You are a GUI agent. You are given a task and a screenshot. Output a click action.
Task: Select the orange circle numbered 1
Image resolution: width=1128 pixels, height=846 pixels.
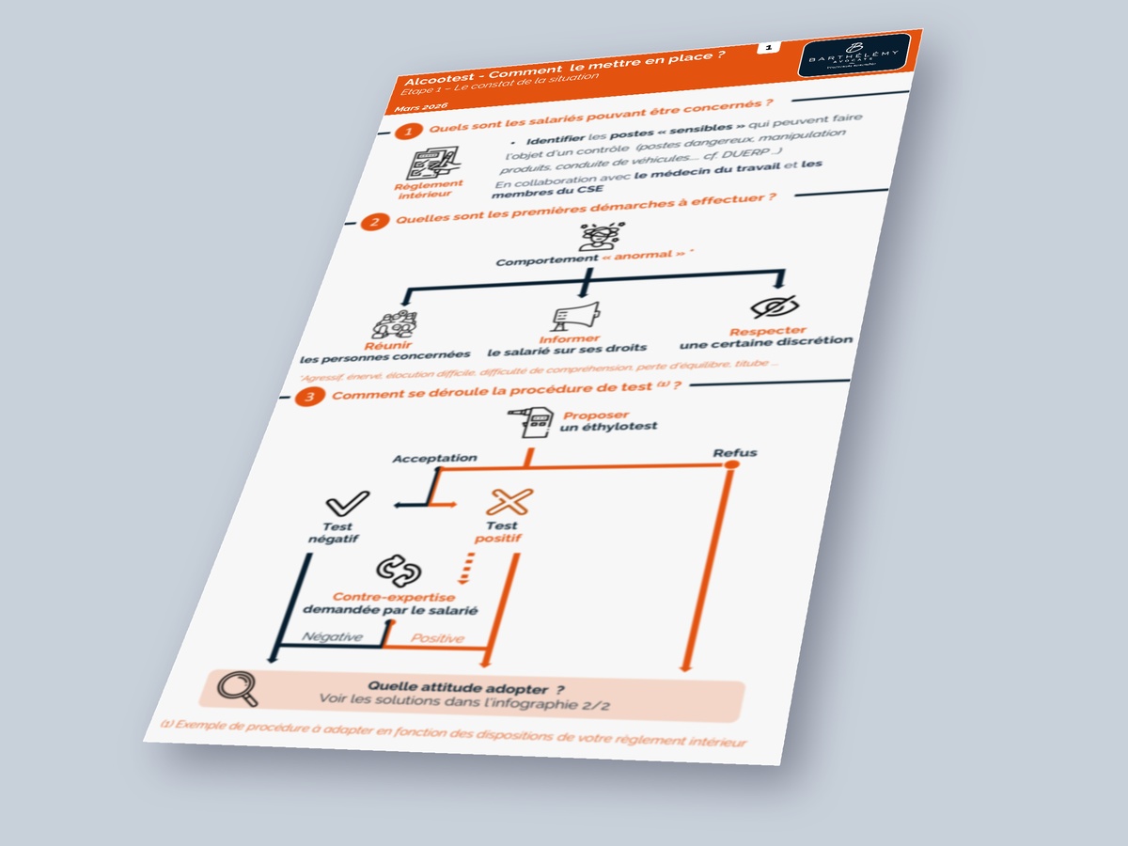click(407, 132)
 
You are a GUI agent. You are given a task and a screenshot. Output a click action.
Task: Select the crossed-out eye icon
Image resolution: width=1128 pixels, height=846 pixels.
click(776, 306)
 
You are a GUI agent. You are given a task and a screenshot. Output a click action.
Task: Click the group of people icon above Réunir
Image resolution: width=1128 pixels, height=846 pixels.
click(394, 324)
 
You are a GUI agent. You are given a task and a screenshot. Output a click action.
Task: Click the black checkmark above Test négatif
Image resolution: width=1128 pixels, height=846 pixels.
click(346, 503)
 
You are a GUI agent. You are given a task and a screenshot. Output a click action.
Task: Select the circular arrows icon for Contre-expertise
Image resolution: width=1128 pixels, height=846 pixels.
click(394, 570)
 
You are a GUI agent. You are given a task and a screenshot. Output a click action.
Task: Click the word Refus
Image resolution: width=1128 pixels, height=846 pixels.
click(734, 453)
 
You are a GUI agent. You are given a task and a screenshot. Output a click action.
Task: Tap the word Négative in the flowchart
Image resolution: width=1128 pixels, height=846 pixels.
click(332, 636)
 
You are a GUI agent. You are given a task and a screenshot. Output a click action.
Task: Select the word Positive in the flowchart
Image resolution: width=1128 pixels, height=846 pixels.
click(437, 638)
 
